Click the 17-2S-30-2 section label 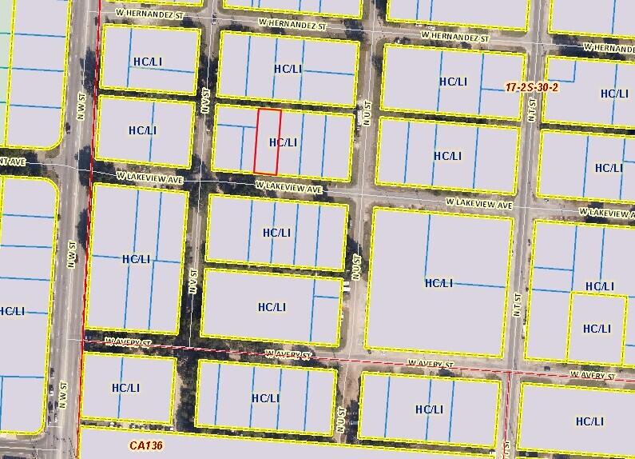[x=532, y=87]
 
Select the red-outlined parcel [x=268, y=142]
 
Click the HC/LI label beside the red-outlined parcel [x=284, y=142]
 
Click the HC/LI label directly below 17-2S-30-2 [x=613, y=94]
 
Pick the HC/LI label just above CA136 [x=125, y=388]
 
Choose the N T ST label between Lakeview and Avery [x=518, y=304]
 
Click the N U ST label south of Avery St [x=342, y=421]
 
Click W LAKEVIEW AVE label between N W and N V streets [x=150, y=178]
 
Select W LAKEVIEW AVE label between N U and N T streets [x=479, y=204]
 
